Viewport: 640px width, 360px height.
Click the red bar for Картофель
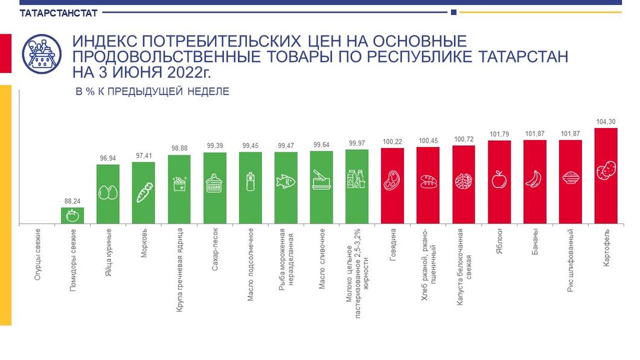pyautogui.click(x=606, y=175)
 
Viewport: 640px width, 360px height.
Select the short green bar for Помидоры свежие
pyautogui.click(x=72, y=216)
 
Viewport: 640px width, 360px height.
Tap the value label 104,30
pyautogui.click(x=606, y=121)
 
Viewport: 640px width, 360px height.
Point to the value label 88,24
pyautogui.click(x=72, y=201)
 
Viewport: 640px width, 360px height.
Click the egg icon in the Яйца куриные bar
pyautogui.click(x=108, y=193)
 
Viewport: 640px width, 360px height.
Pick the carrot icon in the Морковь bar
pyautogui.click(x=144, y=193)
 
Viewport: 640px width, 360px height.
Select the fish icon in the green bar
pyautogui.click(x=286, y=181)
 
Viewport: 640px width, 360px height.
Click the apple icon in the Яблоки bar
pyautogui.click(x=499, y=179)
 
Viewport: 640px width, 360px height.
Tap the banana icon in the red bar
pyautogui.click(x=534, y=179)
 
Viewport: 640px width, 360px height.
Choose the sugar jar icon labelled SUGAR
pyautogui.click(x=214, y=182)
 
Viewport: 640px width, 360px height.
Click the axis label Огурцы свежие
pyautogui.click(x=37, y=253)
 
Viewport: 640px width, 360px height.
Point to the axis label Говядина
pyautogui.click(x=392, y=243)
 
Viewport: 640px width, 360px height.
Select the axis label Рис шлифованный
pyautogui.click(x=571, y=260)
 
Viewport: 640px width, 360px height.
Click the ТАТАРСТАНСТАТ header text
pyautogui.click(x=51, y=13)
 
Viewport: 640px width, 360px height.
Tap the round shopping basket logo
pyautogui.click(x=42, y=54)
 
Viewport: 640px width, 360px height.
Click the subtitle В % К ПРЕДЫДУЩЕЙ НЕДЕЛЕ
pyautogui.click(x=152, y=92)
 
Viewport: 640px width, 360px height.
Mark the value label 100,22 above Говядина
pyautogui.click(x=392, y=143)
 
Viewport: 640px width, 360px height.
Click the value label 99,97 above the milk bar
pyautogui.click(x=357, y=144)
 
